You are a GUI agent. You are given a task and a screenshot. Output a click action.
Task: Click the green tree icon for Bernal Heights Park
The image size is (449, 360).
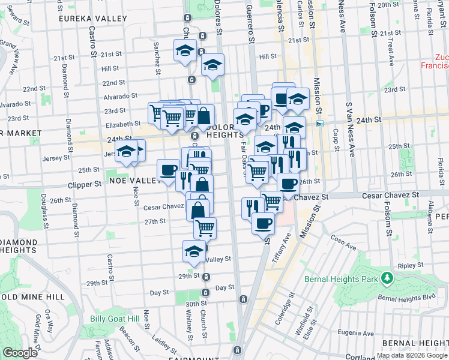coord(388,278)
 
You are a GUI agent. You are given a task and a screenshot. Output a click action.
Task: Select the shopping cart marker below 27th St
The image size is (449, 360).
coord(205,228)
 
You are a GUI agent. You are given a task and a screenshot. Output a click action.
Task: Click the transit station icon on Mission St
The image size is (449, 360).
coord(321,124)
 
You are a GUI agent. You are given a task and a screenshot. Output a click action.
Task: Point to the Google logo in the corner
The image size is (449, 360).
coord(20,353)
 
